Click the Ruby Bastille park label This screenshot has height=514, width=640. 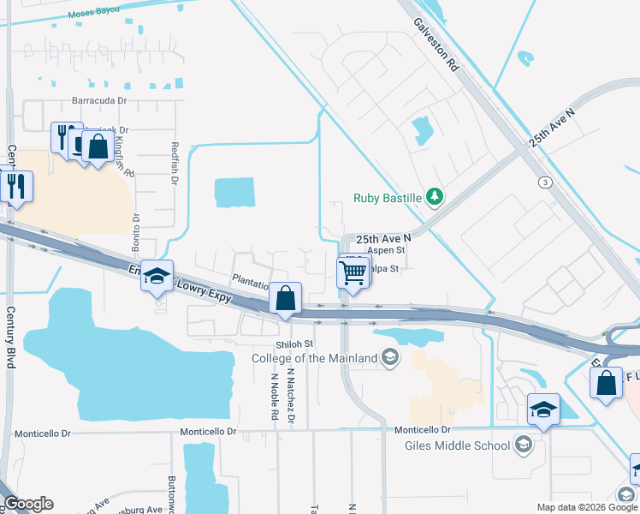tap(388, 198)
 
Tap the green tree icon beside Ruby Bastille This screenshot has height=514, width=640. tap(435, 198)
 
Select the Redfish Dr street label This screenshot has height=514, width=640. tap(174, 163)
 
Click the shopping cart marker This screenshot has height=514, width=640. tap(353, 273)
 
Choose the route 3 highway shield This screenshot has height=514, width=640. tap(544, 182)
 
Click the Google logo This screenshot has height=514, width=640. tap(27, 504)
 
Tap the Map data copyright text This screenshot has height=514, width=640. tap(586, 507)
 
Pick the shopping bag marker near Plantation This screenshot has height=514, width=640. tap(286, 300)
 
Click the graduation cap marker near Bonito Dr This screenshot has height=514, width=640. tap(157, 277)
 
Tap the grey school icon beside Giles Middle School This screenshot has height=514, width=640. tap(524, 445)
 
